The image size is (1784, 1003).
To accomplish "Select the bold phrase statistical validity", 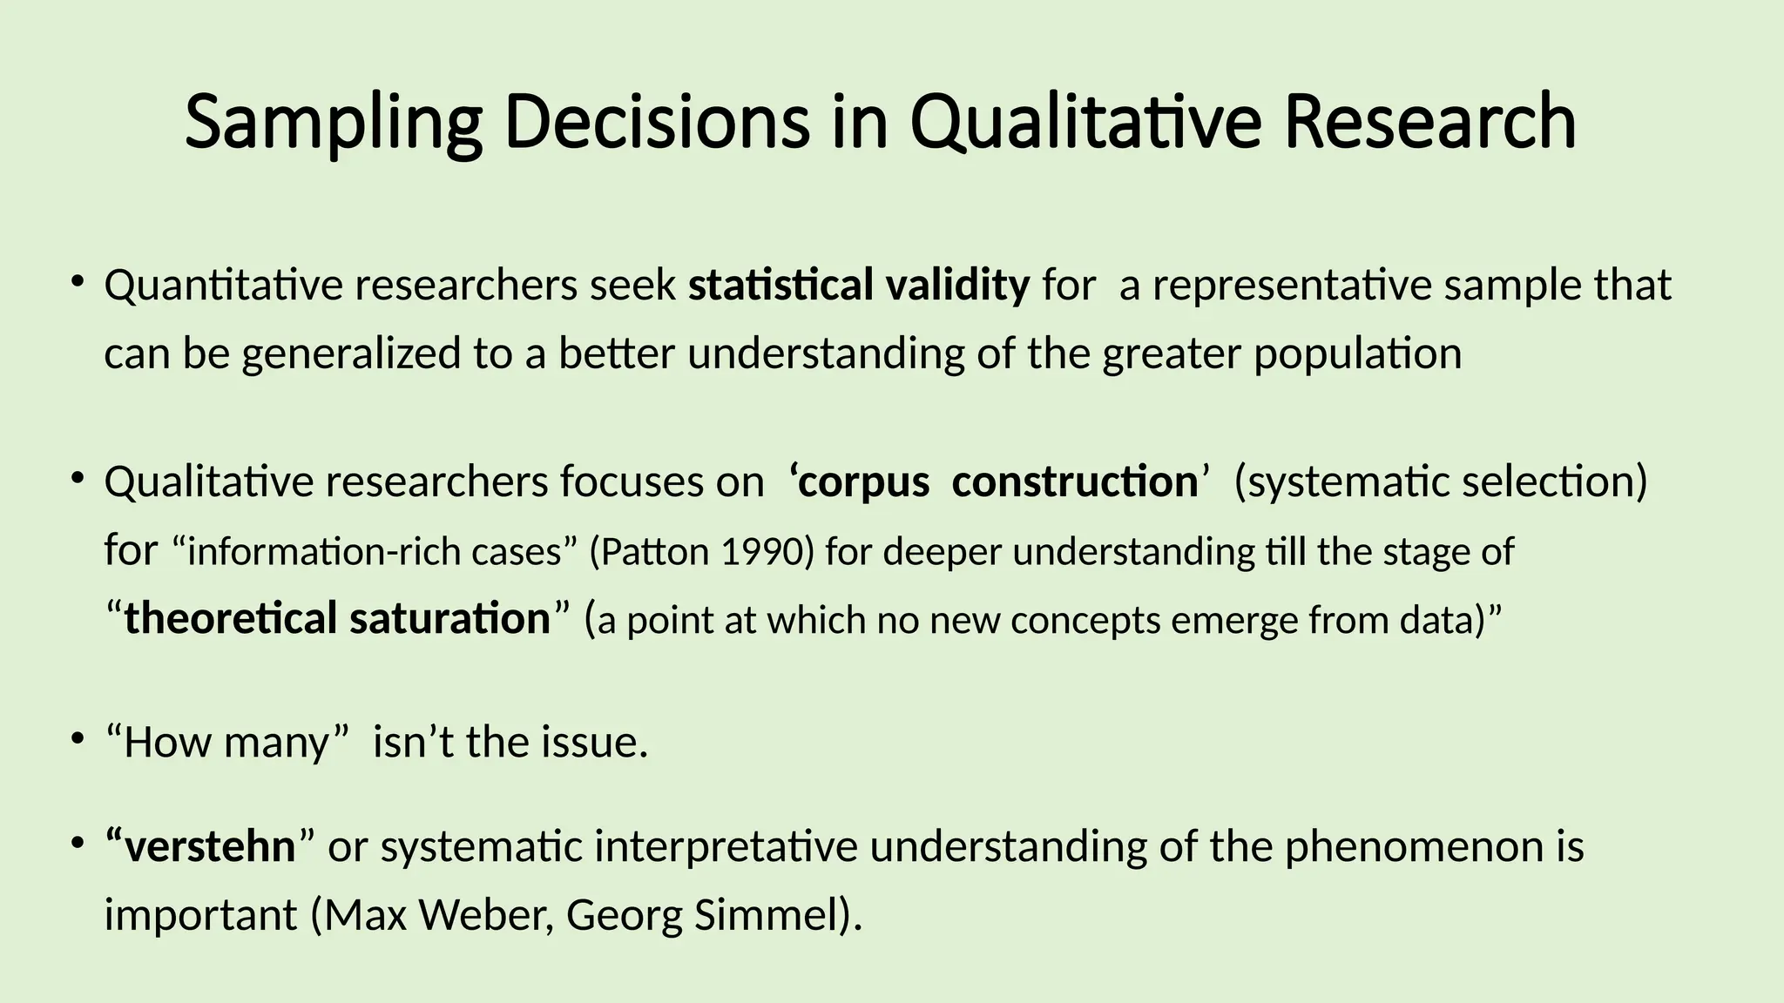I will (859, 286).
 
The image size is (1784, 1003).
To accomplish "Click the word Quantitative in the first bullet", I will (223, 286).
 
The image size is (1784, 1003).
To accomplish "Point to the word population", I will (1357, 354).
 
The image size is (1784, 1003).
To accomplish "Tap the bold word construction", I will (1074, 482).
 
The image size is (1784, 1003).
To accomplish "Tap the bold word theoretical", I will (230, 619).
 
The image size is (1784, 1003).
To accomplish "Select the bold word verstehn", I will (209, 846).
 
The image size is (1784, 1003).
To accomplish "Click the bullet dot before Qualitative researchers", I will (78, 477).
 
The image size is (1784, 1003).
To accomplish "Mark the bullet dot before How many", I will (78, 739).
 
